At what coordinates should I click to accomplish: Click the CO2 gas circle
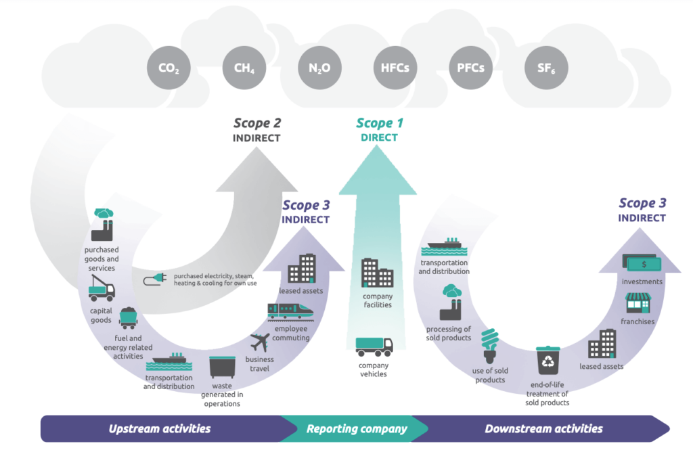[x=169, y=68]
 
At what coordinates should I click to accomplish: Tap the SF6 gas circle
[x=546, y=68]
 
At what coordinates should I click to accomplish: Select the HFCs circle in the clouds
[x=395, y=68]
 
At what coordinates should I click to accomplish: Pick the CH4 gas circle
[x=244, y=68]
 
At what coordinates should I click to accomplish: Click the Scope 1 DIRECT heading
[x=379, y=130]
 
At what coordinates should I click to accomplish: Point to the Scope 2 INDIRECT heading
[x=257, y=130]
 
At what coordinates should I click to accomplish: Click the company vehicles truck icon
[x=374, y=346]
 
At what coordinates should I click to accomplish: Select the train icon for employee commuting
[x=290, y=311]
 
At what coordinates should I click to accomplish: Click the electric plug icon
[x=154, y=279]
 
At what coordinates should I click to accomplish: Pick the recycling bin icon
[x=546, y=361]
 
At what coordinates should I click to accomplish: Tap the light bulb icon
[x=491, y=347]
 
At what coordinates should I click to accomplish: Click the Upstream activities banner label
[x=160, y=428]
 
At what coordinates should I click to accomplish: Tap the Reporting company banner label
[x=357, y=428]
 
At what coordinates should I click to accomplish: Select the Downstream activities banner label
[x=543, y=428]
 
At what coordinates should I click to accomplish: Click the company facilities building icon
[x=377, y=273]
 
